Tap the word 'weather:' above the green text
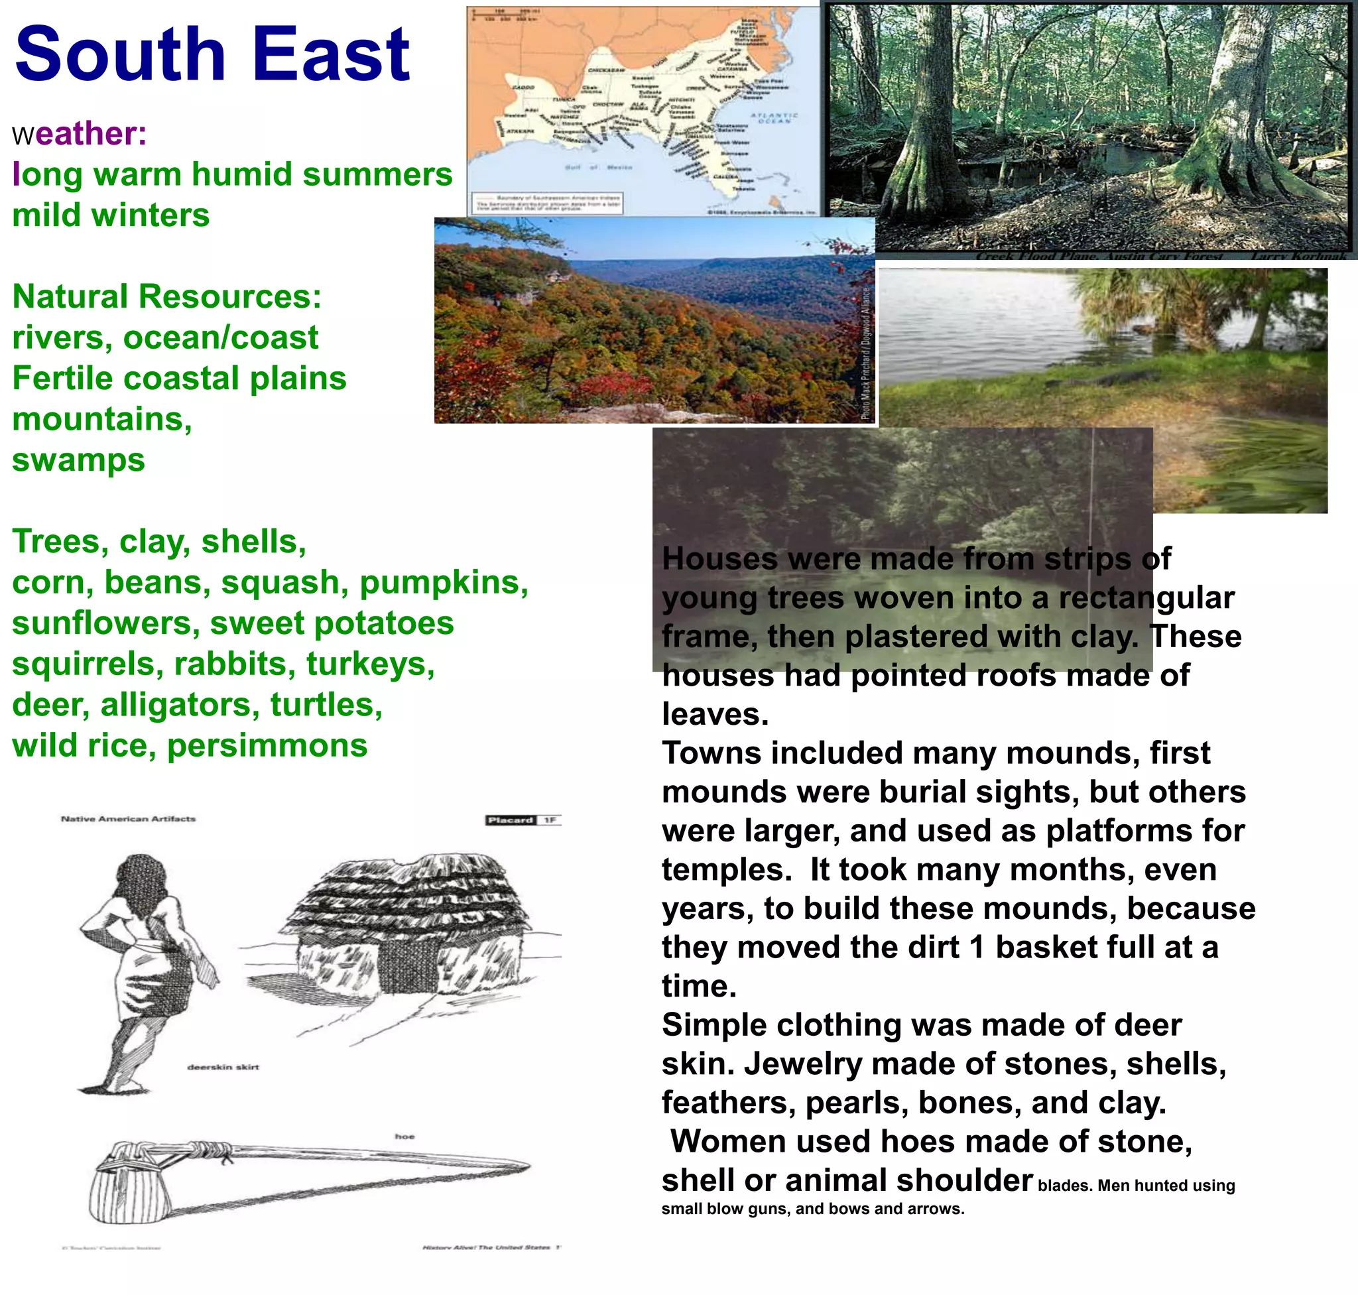(80, 133)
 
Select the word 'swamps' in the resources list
(79, 460)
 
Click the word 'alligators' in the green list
(180, 705)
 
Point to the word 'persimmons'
(267, 745)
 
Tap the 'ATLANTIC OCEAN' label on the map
(774, 118)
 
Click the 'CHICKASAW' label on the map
(605, 70)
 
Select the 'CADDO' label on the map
(523, 88)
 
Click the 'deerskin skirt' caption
(223, 1067)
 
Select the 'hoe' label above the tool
(404, 1137)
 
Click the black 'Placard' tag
(511, 820)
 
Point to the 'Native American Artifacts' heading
(129, 819)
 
